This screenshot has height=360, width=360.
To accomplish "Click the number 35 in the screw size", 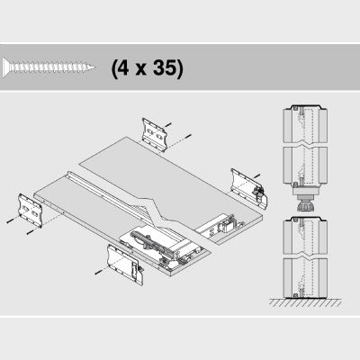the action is coord(166,67).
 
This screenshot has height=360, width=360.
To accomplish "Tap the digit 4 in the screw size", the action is coord(123,67).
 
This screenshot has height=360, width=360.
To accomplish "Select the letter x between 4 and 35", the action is coord(140,70).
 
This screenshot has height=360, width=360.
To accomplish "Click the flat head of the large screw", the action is coord(4,67).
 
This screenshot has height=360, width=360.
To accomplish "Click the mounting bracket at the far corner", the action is coord(154,134).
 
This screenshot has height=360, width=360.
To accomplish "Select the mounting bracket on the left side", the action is coord(31,210).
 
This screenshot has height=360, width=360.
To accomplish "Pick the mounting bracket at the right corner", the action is coord(248,188).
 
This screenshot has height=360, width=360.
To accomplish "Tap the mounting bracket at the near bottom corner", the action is coord(125,264).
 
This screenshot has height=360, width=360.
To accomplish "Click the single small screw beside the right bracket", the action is coord(257,175).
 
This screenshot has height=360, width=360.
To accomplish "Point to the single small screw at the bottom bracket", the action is coord(98,272).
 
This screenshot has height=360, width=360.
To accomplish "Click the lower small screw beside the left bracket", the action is coord(30,231).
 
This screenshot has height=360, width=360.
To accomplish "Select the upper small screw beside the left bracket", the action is coord(10,220).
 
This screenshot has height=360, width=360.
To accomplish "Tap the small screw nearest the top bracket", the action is coord(168,124).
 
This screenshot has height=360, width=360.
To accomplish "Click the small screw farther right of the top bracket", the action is coord(188,136).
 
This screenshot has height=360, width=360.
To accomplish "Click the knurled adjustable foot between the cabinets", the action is coord(305,207).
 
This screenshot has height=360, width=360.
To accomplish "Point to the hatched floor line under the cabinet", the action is coord(305,302).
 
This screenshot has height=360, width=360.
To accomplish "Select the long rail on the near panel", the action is coord(108,195).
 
